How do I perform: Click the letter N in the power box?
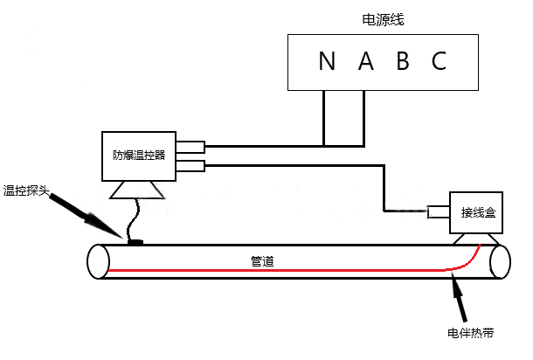[327, 61]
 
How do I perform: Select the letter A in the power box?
[365, 61]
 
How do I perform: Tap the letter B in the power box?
[403, 61]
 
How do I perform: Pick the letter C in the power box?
[440, 61]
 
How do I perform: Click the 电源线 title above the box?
[383, 18]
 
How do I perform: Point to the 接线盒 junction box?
[477, 212]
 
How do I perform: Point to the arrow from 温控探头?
[86, 214]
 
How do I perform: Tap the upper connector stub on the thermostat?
[190, 147]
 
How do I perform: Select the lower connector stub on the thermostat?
[190, 165]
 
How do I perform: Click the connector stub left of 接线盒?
[439, 211]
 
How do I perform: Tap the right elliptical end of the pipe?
[500, 261]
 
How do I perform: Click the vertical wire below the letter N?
[324, 117]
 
